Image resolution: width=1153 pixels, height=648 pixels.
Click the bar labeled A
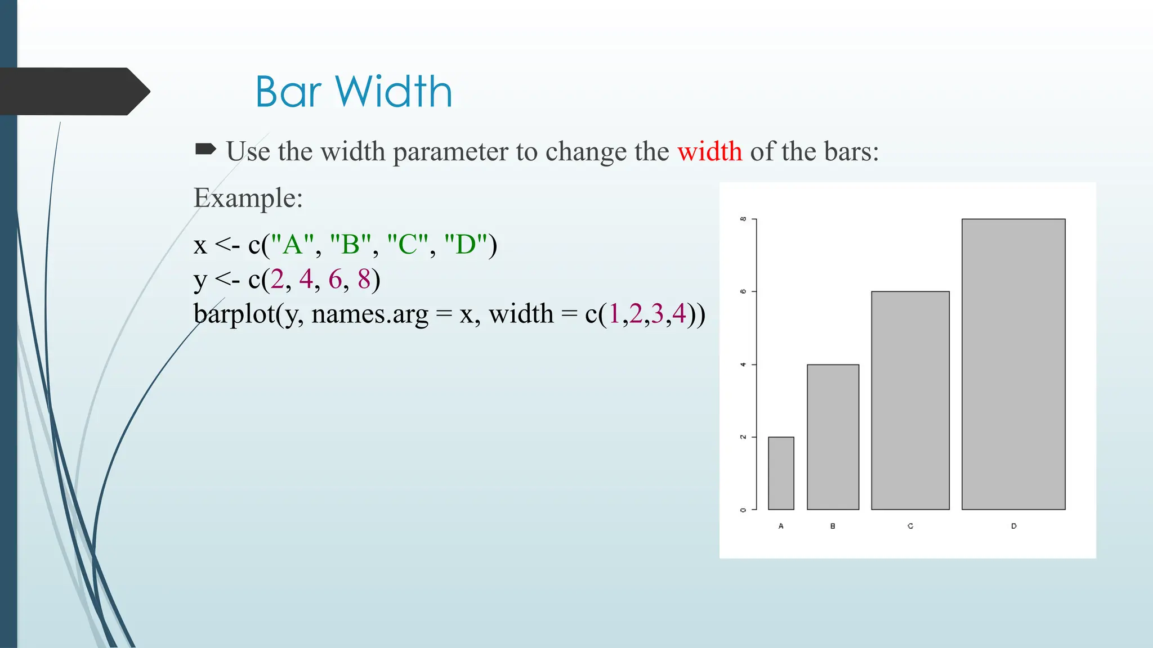(x=781, y=473)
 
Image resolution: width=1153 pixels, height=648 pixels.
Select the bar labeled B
(x=833, y=437)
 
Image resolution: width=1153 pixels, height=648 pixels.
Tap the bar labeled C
(x=910, y=400)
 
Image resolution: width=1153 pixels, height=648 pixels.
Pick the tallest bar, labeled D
(x=1013, y=364)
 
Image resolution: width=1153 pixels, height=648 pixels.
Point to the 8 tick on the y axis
(x=743, y=219)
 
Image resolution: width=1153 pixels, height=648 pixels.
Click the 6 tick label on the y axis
(x=743, y=291)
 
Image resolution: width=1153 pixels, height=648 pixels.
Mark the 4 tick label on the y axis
(x=743, y=364)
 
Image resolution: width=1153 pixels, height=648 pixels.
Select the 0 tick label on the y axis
(x=743, y=510)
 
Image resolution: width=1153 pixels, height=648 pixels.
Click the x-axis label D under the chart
(x=1013, y=526)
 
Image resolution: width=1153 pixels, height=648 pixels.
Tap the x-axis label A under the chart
(x=781, y=526)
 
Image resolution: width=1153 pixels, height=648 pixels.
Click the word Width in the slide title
(x=394, y=92)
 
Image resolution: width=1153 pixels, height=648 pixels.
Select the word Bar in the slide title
(x=288, y=92)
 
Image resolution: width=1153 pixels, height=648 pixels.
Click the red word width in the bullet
(x=709, y=151)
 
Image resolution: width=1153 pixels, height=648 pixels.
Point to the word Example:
(x=248, y=198)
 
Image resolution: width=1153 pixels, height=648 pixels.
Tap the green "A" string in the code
(x=292, y=245)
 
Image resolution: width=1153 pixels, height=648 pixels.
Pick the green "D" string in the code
(x=466, y=245)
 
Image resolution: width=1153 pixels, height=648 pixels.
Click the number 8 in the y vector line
(x=364, y=279)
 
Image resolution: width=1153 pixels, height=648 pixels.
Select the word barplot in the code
(x=234, y=314)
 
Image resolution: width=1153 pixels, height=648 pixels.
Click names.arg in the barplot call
(x=370, y=314)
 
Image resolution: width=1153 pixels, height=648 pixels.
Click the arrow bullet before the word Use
(x=205, y=149)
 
